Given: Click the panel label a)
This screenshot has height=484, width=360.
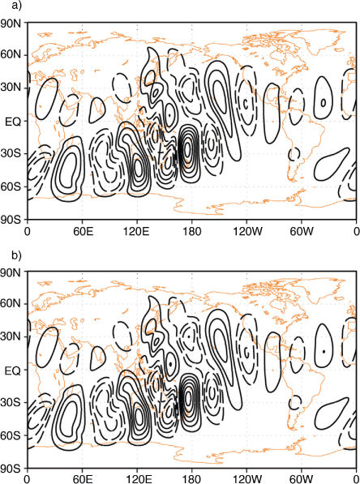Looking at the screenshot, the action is [17, 5].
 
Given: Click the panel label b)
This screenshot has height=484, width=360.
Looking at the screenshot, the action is [17, 255].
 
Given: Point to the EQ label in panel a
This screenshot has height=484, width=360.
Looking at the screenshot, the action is [13, 122].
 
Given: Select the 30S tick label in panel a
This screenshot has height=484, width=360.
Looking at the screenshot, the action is [11, 154].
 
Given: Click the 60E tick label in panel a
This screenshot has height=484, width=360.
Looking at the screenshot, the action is [83, 231].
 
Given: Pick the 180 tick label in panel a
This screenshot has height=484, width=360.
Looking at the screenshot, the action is [191, 231].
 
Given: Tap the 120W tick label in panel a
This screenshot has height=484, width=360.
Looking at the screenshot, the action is [246, 231].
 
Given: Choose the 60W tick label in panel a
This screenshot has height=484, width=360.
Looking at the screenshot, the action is [301, 231].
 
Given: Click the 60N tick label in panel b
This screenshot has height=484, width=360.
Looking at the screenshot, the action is [11, 304].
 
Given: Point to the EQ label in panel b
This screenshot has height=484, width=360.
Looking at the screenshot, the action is [13, 370].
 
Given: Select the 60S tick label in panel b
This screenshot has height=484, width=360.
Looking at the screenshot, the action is [11, 436].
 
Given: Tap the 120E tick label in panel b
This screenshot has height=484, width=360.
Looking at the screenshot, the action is [137, 479].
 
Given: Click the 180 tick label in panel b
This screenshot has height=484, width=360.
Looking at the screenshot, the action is [191, 479].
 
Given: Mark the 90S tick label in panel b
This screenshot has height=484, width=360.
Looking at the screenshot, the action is [11, 469].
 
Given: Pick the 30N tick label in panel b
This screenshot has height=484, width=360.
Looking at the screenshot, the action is [11, 336].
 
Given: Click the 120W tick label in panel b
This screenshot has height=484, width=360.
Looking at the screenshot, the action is [246, 479].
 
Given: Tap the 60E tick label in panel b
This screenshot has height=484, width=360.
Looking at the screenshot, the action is [83, 479].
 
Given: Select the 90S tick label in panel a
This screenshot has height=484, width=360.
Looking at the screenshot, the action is [11, 220].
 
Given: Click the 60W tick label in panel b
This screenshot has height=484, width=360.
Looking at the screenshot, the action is [301, 479].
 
